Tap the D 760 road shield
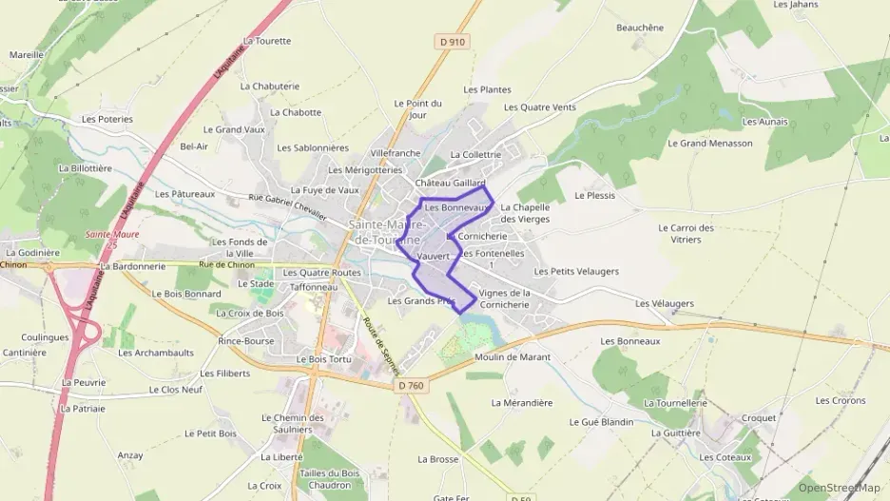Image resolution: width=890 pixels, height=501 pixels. [x=410, y=384]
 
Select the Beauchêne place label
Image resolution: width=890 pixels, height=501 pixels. [x=640, y=28]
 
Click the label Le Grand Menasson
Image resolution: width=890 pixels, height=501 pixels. [x=709, y=144]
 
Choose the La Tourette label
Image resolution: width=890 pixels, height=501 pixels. [x=266, y=41]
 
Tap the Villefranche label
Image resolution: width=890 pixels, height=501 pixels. [x=396, y=152]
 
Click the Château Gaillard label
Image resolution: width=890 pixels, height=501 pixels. [x=450, y=183]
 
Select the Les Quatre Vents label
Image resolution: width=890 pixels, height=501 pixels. [x=539, y=107]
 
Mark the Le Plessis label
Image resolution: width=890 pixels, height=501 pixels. [x=595, y=195]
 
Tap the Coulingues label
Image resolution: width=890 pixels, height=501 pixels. [x=46, y=337]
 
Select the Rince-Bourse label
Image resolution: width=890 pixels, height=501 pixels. [x=246, y=340]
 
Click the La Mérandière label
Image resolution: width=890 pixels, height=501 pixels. [x=522, y=402]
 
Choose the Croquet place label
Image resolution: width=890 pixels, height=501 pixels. [x=759, y=417]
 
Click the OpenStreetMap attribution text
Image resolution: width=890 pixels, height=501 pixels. [x=839, y=488]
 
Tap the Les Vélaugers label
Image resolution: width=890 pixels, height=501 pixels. [x=665, y=303]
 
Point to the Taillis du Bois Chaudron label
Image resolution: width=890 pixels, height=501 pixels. [x=330, y=478]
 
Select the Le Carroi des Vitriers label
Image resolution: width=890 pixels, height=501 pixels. [x=686, y=234]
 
